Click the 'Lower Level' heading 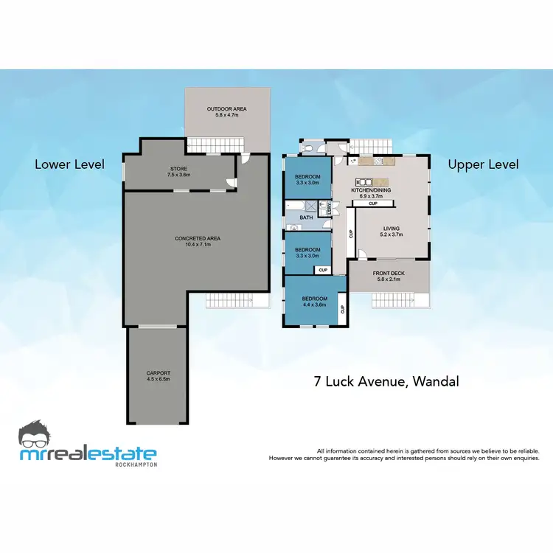click(x=70, y=164)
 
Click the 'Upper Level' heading click(x=483, y=164)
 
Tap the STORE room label click(x=179, y=172)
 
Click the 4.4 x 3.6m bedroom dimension click(x=313, y=305)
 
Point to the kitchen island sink click(x=362, y=182)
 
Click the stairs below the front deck click(x=398, y=301)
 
